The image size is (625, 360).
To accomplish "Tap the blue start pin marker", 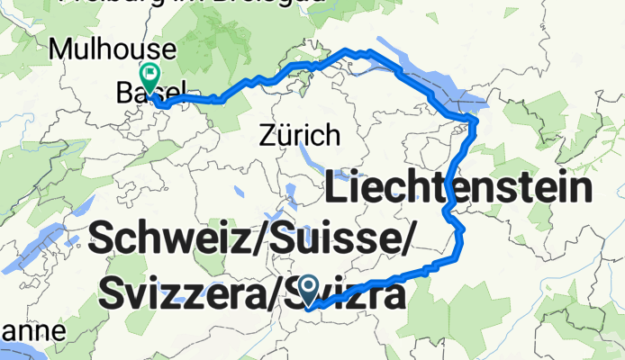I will tap(309, 289).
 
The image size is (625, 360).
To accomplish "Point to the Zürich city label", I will tap(300, 137).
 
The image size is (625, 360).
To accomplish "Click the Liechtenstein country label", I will tap(458, 190).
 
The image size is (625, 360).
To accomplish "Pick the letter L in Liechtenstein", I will tap(337, 190).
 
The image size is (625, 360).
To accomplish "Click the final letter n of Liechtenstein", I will tap(583, 190).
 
